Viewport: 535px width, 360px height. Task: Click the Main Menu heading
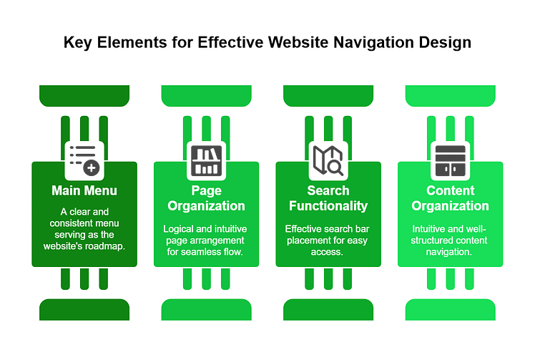pos(84,191)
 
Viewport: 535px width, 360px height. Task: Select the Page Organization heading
pos(206,198)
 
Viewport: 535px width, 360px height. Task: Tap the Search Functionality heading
pos(328,198)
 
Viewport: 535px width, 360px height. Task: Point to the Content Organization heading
pos(451,198)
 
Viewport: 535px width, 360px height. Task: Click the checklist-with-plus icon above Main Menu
pos(84,160)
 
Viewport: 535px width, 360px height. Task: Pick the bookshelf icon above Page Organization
pos(206,160)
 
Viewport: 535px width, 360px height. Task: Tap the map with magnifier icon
pos(328,160)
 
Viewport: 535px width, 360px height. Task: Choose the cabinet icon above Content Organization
pos(451,160)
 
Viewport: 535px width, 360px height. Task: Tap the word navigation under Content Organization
pos(451,251)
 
